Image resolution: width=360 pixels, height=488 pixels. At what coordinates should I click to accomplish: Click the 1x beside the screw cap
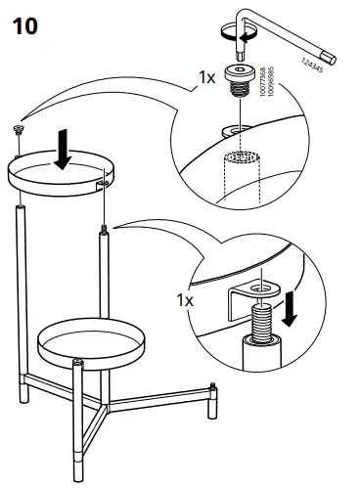(207, 76)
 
